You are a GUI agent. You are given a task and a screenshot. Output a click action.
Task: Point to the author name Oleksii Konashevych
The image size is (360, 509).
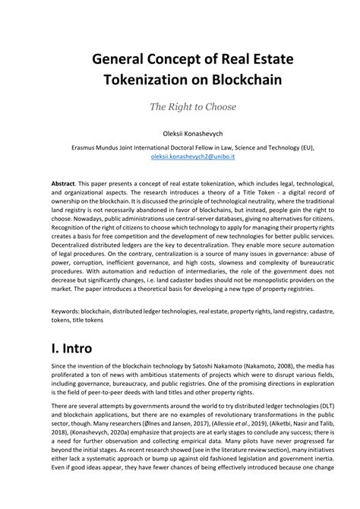180,133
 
